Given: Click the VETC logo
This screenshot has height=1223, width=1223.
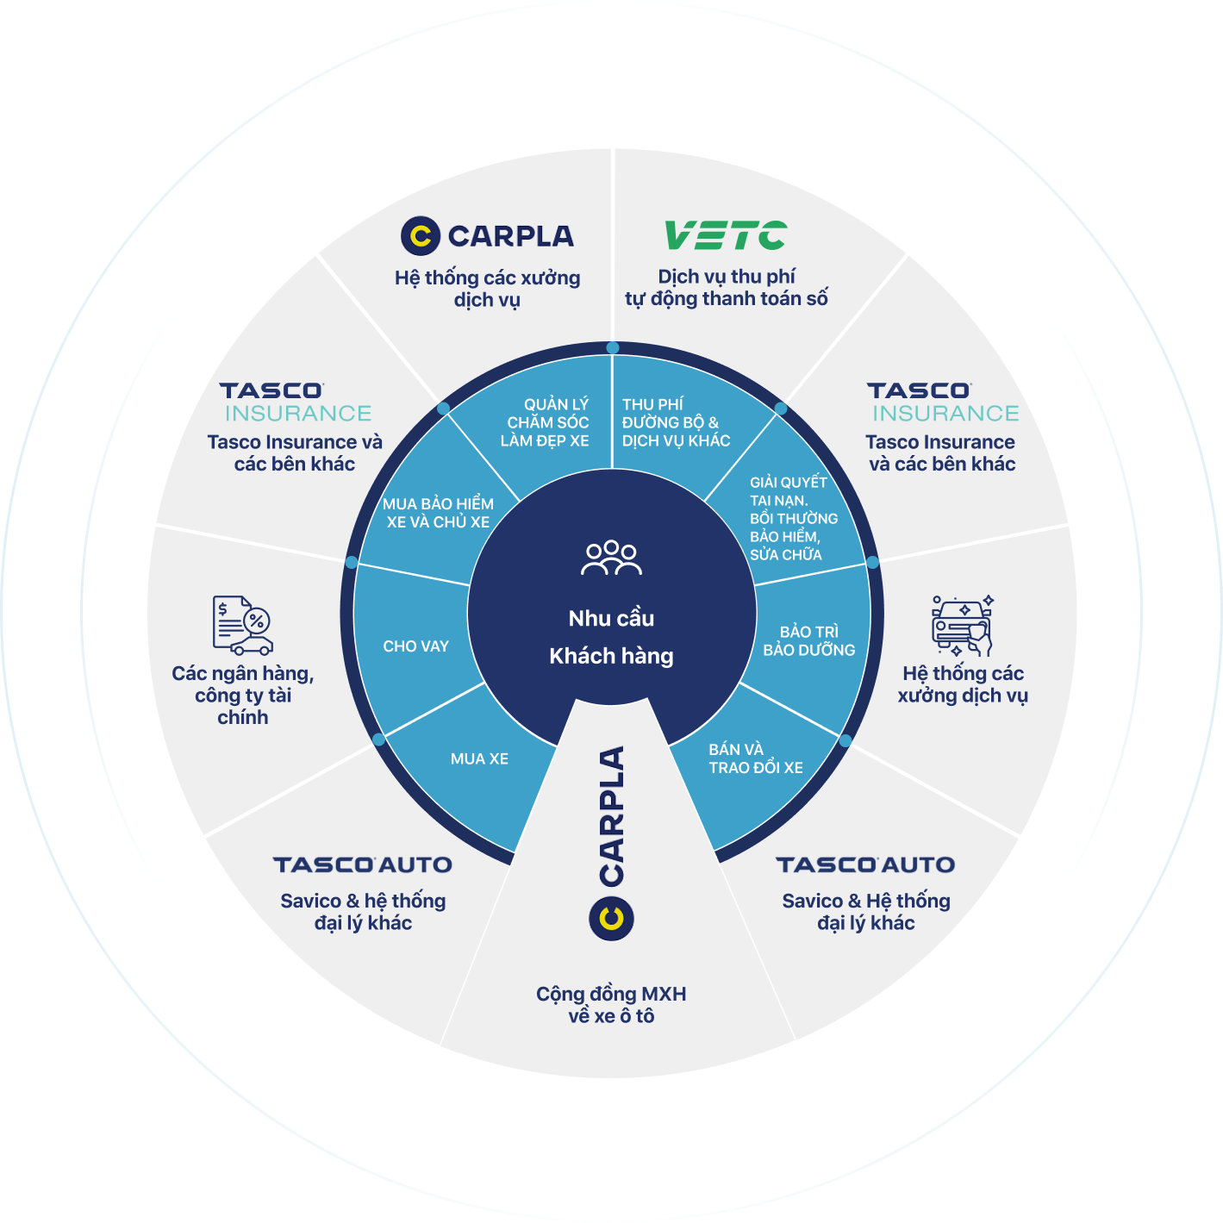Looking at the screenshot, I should tap(725, 235).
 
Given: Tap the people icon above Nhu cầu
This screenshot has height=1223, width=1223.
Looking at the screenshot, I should tap(611, 558).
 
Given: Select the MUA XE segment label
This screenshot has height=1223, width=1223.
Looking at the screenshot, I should tap(479, 758).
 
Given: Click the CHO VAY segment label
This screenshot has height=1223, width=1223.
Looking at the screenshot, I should tap(415, 646).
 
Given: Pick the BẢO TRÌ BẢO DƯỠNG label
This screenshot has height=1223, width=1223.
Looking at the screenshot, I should tap(808, 640).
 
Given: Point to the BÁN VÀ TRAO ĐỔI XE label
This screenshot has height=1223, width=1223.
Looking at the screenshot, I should tap(755, 758).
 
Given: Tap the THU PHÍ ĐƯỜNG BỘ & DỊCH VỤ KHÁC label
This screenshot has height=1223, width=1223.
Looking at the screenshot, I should tap(676, 422).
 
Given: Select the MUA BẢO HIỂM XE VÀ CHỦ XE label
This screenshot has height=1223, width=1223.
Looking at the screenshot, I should tap(438, 513).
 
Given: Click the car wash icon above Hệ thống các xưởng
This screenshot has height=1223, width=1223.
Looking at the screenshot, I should tap(962, 625).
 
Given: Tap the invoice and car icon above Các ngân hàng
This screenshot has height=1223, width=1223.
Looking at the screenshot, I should tap(242, 625).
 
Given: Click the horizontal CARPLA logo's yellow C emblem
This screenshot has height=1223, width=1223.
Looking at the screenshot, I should tap(421, 235).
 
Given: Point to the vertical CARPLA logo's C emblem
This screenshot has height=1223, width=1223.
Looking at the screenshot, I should tap(611, 918).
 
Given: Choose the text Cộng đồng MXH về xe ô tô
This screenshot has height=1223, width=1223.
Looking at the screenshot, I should tap(611, 1005).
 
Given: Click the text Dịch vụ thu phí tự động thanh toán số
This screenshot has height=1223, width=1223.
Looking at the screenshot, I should tap(726, 288).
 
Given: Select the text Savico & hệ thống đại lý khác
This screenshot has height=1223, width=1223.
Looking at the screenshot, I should tap(363, 912).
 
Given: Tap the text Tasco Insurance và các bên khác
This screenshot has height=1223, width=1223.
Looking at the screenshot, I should tap(295, 452).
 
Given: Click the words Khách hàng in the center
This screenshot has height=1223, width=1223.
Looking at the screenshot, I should tap(611, 656).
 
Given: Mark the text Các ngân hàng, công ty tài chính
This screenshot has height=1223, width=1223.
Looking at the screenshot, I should tap(242, 695).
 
